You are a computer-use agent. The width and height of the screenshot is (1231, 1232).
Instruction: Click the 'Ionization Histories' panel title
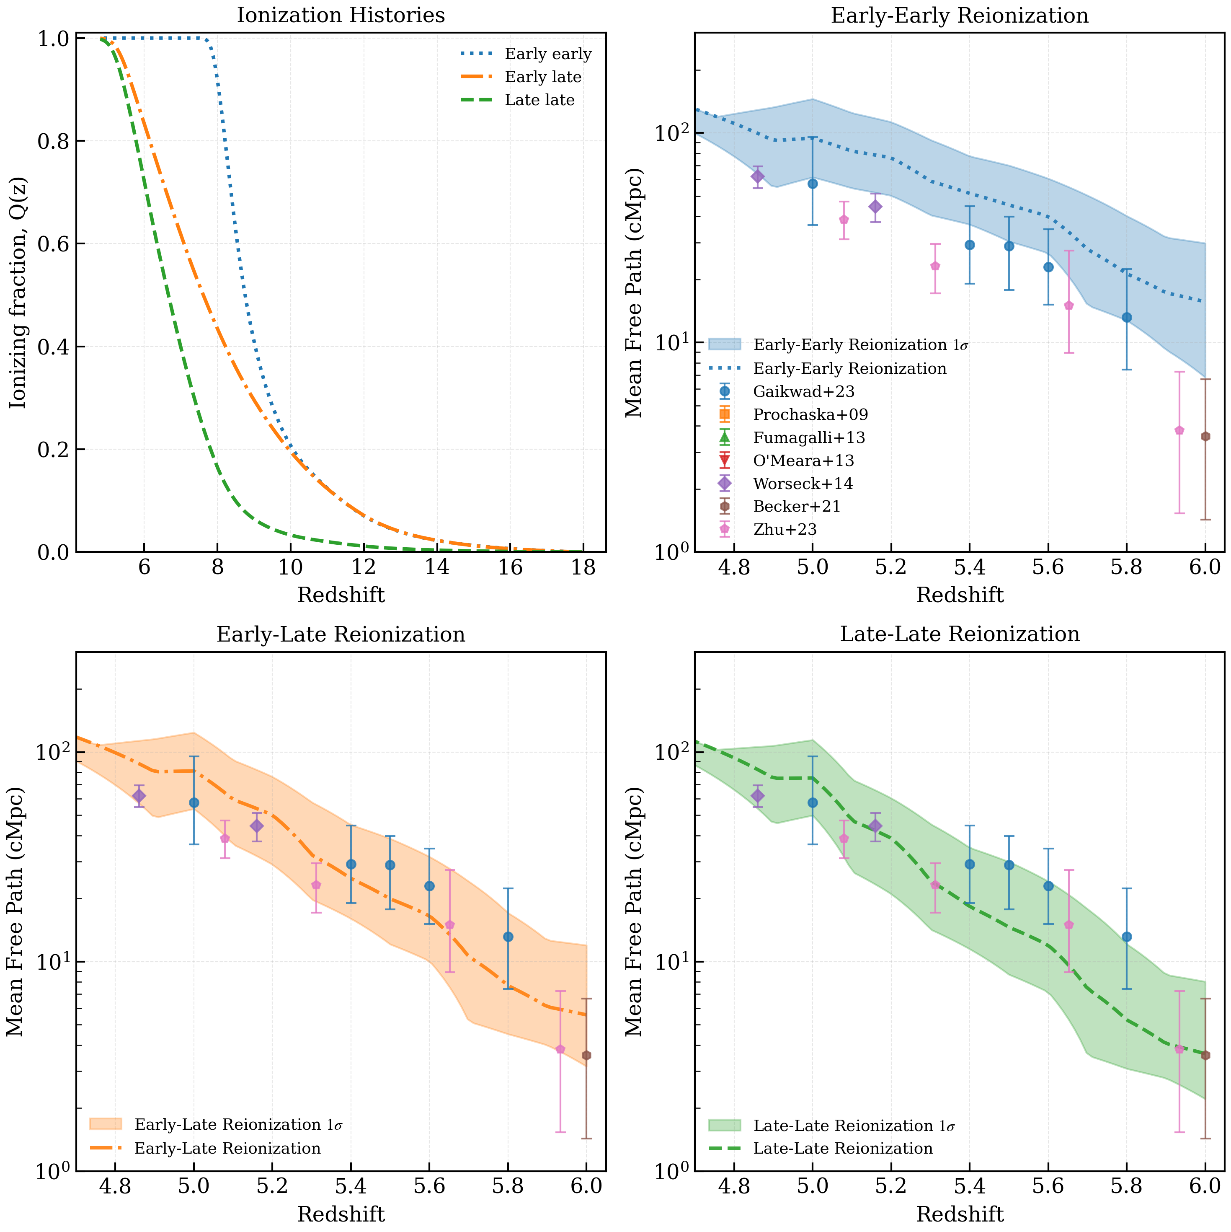(x=341, y=16)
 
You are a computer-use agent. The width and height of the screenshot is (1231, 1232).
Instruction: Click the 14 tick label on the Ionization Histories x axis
(x=437, y=567)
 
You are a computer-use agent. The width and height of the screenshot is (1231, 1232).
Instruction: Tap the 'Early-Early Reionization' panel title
(x=960, y=16)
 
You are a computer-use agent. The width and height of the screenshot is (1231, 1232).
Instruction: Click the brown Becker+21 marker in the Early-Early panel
(x=1205, y=436)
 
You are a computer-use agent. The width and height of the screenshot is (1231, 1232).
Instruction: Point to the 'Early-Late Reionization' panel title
(x=341, y=634)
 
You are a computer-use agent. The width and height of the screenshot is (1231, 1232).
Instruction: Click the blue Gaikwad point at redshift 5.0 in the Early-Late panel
(x=194, y=802)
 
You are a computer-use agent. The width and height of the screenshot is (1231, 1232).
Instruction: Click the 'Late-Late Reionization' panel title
(x=960, y=634)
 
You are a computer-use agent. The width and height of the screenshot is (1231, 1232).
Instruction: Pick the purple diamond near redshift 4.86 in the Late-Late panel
(x=757, y=795)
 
